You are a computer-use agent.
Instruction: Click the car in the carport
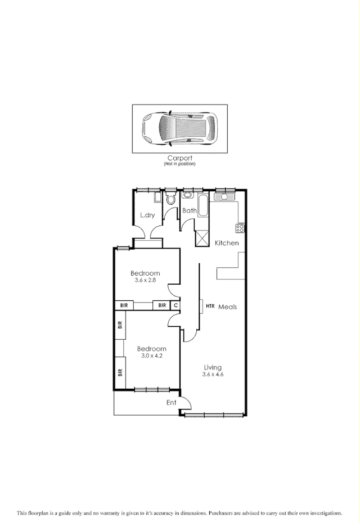tap(179, 128)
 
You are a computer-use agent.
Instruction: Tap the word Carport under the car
tap(179, 159)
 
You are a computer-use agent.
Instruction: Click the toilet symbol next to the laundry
tap(171, 199)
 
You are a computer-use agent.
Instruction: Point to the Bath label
tap(189, 211)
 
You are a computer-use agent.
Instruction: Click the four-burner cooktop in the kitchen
tap(240, 228)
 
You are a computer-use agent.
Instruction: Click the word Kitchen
tap(227, 243)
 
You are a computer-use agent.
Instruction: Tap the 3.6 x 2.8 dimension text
tap(145, 280)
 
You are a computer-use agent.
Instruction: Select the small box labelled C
tap(175, 305)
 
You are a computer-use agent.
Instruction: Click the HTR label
tap(210, 307)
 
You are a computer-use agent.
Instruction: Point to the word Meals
tap(227, 307)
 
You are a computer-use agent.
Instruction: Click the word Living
tap(213, 367)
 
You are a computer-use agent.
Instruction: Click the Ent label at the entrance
tap(172, 402)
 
